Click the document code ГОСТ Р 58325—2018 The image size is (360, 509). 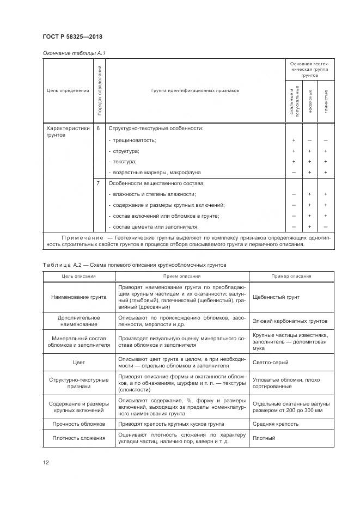coord(72,37)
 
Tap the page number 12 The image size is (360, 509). coord(46,462)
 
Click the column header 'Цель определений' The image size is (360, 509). coord(68,91)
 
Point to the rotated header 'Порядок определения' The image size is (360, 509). coord(99,90)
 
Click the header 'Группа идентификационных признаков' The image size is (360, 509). coord(195,91)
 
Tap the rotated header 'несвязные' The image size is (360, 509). coord(310,102)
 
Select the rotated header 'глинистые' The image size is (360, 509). coord(326,102)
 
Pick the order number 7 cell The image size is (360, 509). coord(99,183)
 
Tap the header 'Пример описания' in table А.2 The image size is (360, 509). coord(291,276)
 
